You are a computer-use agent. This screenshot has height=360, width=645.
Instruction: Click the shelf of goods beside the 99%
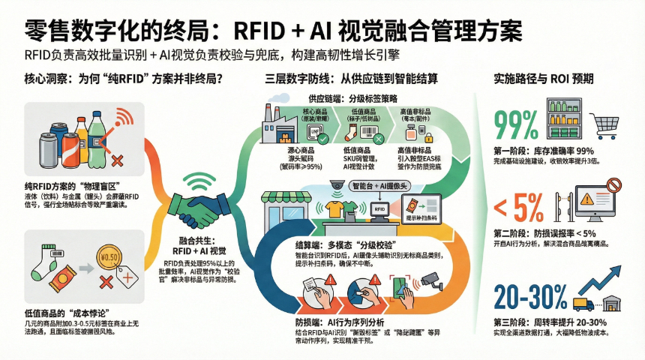click(x=558, y=124)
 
